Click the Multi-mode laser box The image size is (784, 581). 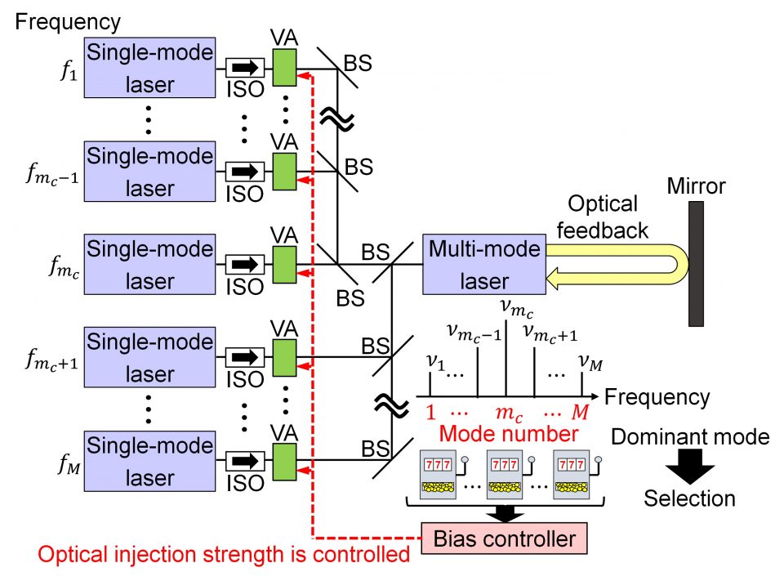(x=484, y=264)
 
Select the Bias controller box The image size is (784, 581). (x=504, y=537)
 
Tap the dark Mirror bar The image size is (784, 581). (x=697, y=263)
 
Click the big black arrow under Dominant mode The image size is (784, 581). (x=690, y=467)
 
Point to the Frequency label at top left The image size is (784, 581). (x=68, y=21)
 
